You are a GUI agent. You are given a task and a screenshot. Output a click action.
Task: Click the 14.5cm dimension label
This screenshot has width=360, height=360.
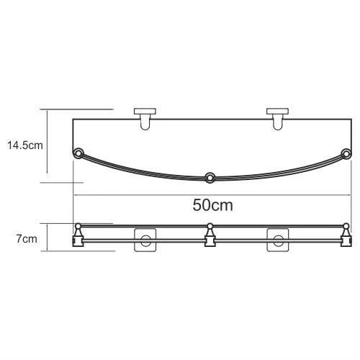click(24, 145)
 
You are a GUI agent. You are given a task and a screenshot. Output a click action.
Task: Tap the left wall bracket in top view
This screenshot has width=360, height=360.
click(146, 120)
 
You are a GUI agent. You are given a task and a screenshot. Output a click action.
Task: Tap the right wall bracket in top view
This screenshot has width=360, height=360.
click(276, 120)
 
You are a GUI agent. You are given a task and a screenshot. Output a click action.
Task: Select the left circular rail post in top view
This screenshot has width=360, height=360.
click(79, 153)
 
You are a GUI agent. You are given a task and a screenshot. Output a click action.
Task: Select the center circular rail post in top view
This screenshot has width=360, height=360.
click(210, 176)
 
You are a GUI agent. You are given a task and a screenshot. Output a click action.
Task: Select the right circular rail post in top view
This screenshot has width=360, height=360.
click(346, 153)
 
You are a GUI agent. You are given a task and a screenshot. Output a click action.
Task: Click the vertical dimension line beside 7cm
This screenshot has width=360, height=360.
click(48, 238)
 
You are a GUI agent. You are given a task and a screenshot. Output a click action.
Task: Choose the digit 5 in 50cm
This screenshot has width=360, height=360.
click(197, 205)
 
